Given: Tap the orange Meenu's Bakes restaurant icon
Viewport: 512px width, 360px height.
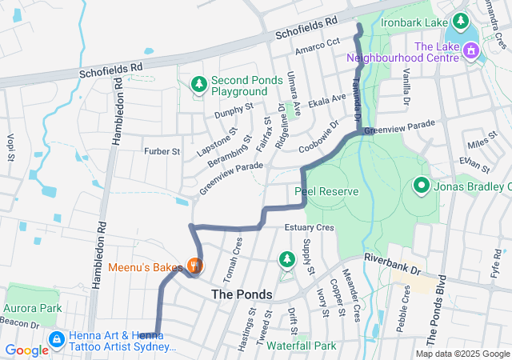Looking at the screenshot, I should (193, 264).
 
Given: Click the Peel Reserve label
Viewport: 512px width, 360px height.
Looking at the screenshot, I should (326, 192).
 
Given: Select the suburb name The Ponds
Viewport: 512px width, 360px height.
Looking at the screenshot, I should (242, 294).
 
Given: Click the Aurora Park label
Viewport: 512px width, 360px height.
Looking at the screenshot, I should (33, 308).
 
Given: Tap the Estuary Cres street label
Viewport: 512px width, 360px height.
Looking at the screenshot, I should (309, 228).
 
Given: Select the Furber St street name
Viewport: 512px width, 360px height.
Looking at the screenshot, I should (162, 151).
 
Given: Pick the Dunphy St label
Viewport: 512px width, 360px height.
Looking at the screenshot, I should (233, 110).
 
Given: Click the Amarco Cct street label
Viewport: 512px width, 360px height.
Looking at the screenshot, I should (318, 46).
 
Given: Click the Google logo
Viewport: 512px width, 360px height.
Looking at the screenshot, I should (26, 350).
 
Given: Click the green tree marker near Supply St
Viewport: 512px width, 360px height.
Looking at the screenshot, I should (286, 259).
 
